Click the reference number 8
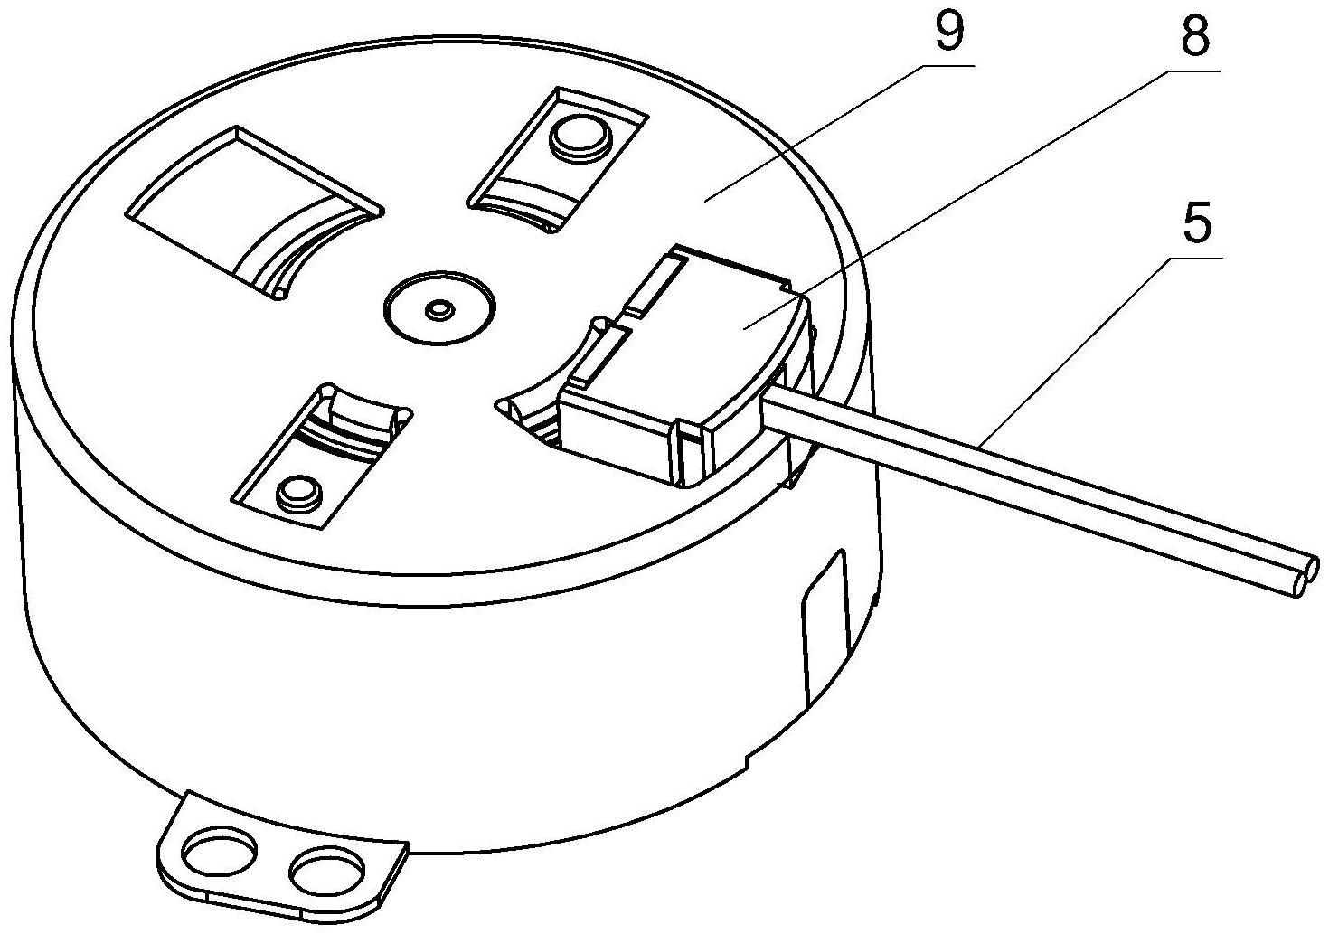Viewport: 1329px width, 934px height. click(x=1194, y=37)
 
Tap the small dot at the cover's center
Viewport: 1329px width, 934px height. click(x=439, y=310)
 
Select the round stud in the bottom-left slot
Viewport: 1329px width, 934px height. click(x=300, y=491)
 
